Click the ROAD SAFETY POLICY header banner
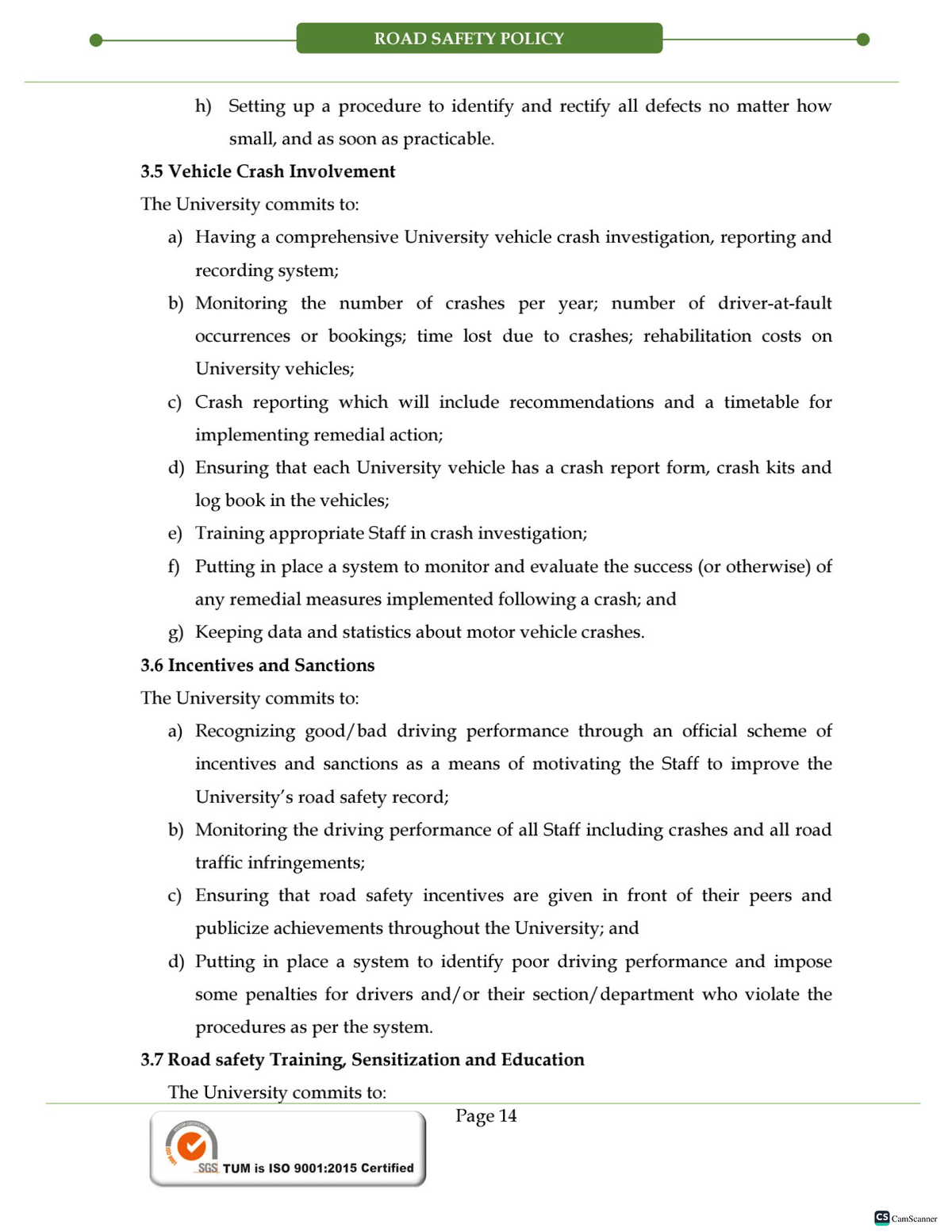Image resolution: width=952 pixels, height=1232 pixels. [478, 39]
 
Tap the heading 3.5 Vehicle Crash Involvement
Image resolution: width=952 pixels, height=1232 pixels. [267, 171]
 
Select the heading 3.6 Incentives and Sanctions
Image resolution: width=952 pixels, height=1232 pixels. [257, 665]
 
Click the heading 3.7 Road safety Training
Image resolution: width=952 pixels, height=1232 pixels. [362, 1059]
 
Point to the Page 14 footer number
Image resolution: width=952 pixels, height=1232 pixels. [486, 1116]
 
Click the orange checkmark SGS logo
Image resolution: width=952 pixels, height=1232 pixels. [191, 1146]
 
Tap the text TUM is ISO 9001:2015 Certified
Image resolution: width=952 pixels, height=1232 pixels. [318, 1168]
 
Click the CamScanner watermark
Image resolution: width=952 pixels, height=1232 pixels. [905, 1218]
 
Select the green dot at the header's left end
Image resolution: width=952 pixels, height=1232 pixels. [96, 40]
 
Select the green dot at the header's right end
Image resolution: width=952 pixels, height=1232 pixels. [863, 40]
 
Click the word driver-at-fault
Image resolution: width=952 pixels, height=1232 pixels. [774, 303]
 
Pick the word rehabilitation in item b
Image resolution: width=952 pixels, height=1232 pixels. [697, 336]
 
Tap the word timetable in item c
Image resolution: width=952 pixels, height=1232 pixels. [761, 402]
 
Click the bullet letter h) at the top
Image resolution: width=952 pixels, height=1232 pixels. [203, 106]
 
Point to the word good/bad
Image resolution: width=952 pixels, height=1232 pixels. [346, 731]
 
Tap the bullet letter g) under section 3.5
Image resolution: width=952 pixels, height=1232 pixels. [175, 632]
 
